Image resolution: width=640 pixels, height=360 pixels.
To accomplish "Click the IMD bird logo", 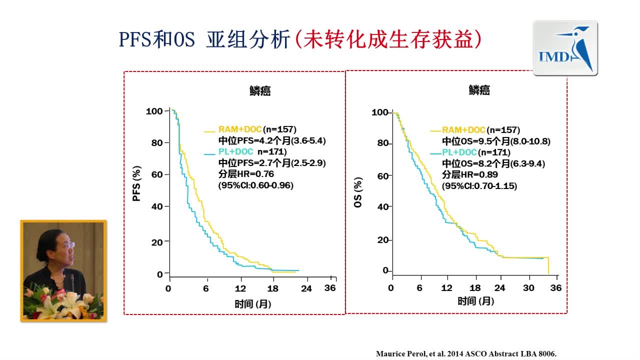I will (x=565, y=48).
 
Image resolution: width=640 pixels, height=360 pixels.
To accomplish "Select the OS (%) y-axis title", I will (x=358, y=190).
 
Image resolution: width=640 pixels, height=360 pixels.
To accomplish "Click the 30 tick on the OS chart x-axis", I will (x=528, y=288).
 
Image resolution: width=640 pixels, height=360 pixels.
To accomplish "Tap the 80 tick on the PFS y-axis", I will (x=156, y=142).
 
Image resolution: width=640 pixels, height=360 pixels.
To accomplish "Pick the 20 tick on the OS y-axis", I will (x=383, y=240).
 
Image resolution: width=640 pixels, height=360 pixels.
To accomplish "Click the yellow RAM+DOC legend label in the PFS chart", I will (x=240, y=129).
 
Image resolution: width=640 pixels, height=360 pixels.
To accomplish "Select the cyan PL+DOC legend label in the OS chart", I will (x=459, y=152).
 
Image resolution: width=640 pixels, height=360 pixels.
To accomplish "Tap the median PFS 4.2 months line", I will (x=272, y=140).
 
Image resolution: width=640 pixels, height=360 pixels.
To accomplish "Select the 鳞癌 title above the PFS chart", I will (x=260, y=91).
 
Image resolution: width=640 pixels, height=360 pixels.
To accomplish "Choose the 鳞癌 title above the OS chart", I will (x=479, y=90).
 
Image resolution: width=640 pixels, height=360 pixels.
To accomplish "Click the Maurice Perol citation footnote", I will (x=466, y=353).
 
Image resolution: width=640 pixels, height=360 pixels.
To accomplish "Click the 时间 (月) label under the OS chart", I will (x=476, y=301).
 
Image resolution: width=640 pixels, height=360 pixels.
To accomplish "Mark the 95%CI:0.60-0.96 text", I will (x=255, y=185).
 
